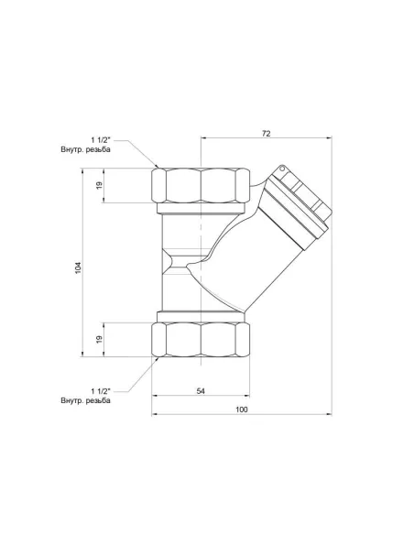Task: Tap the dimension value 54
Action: pyautogui.click(x=201, y=390)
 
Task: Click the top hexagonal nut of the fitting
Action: pyautogui.click(x=201, y=187)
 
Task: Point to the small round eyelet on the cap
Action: pyautogui.click(x=284, y=169)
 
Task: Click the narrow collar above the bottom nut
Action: pyautogui.click(x=201, y=316)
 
